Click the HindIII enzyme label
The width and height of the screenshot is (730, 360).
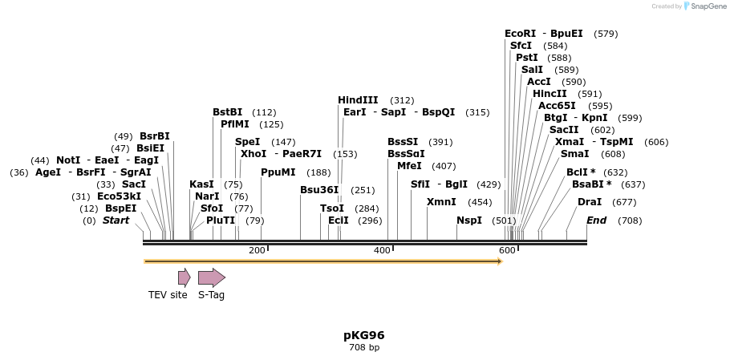[358, 100]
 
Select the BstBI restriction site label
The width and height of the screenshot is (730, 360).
[227, 112]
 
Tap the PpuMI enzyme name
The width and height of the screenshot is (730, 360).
[278, 172]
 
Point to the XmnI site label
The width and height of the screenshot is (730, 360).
[441, 202]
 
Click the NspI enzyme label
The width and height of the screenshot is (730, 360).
[469, 220]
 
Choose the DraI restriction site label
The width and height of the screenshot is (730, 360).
[589, 202]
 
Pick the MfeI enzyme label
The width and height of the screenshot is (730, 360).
[409, 166]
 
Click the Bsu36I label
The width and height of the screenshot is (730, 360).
[319, 190]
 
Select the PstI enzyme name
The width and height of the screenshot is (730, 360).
[526, 58]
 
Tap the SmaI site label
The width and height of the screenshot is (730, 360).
[574, 154]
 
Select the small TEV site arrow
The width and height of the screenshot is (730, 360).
[184, 277]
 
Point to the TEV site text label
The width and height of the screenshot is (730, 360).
[168, 295]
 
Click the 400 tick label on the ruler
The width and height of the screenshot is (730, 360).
[382, 251]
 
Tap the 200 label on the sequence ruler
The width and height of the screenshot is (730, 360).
[257, 251]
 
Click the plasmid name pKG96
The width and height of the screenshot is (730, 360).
[364, 335]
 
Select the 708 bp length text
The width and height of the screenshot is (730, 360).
[364, 347]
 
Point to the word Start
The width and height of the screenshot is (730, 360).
[116, 220]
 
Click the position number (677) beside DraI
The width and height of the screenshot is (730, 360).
[624, 202]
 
